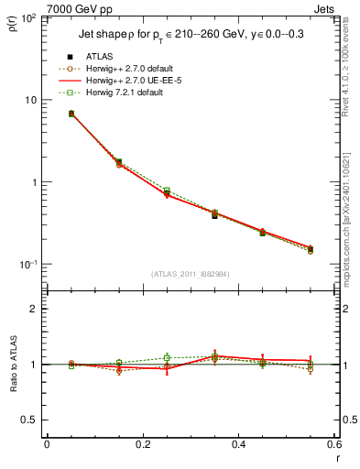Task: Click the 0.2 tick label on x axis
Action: coord(142,445)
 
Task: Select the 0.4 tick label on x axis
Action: coord(238,445)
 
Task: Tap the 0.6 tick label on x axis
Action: coord(333,445)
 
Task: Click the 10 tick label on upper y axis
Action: coord(31,100)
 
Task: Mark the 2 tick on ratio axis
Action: coord(35,309)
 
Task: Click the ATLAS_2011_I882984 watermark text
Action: coord(191,274)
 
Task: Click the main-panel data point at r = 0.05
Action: coord(71,114)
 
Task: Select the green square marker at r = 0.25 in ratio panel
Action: coord(167,357)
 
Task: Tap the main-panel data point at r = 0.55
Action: coord(311,248)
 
